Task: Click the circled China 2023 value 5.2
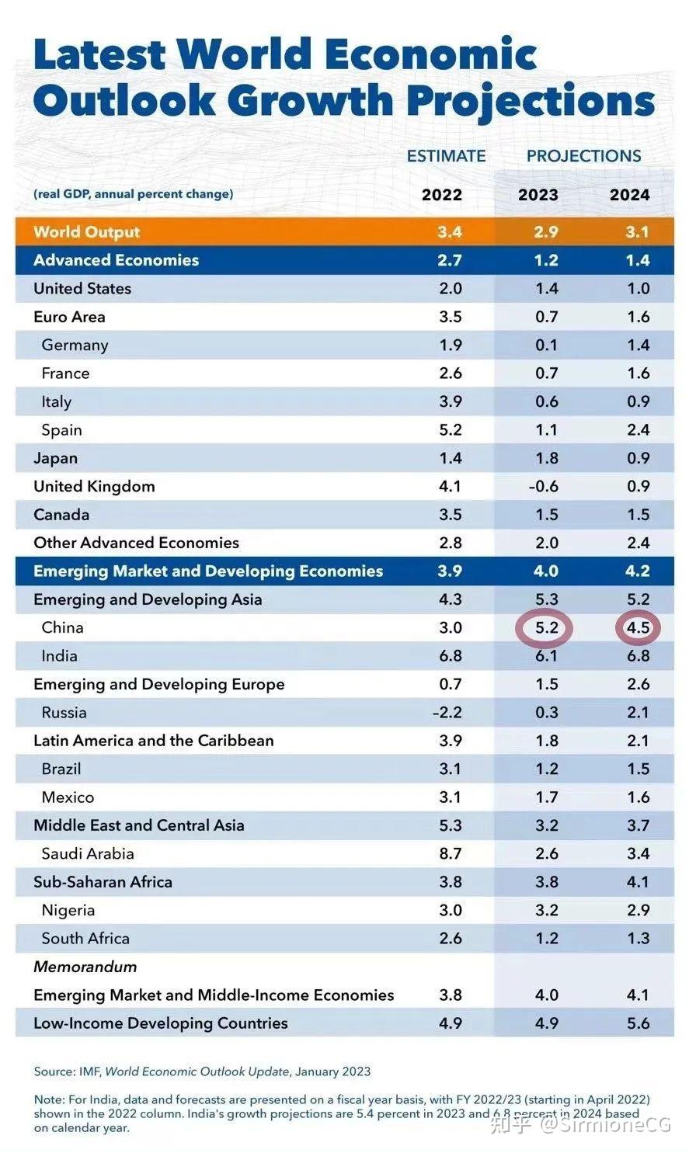[x=546, y=627]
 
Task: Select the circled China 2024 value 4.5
[x=638, y=627]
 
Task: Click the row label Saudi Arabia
[x=88, y=854]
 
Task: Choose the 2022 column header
[x=441, y=195]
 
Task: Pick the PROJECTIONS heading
[x=583, y=156]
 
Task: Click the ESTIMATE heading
[x=446, y=156]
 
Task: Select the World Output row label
[x=87, y=232]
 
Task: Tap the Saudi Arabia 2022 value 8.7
[x=450, y=854]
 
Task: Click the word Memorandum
[x=85, y=967]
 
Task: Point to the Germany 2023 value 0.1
[x=546, y=346]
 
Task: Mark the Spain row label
[x=61, y=430]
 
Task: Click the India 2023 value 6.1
[x=546, y=656]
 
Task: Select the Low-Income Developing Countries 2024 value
[x=638, y=1023]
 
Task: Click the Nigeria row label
[x=68, y=910]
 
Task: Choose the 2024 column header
[x=629, y=195]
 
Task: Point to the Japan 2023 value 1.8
[x=546, y=458]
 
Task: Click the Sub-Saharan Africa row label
[x=103, y=882]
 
